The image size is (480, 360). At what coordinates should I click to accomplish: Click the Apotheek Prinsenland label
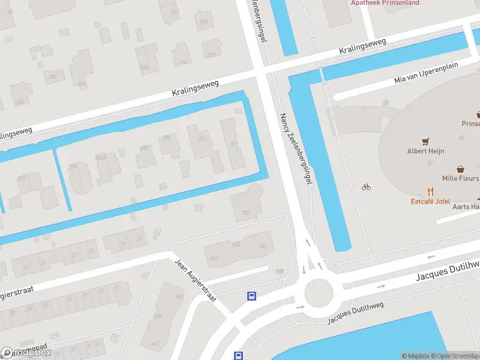385,2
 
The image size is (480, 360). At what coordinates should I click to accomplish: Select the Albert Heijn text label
425,151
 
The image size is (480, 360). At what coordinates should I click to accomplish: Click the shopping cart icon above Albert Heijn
425,141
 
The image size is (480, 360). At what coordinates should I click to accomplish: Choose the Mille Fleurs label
460,178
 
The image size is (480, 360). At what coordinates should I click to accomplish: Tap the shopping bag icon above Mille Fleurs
460,169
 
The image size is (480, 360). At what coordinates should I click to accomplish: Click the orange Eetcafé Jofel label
430,202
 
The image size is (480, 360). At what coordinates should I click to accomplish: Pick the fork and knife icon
430,191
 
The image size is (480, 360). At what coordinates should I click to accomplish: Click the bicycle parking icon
366,187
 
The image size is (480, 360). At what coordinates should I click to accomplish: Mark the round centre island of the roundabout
318,293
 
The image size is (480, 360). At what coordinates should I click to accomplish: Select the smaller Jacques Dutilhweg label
354,313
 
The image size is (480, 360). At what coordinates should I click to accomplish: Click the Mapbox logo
26,353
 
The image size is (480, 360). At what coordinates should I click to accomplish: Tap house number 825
245,212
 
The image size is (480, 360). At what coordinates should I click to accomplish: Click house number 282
52,77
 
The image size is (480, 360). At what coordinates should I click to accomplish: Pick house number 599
158,317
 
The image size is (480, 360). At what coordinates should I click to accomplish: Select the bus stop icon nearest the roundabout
253,295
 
